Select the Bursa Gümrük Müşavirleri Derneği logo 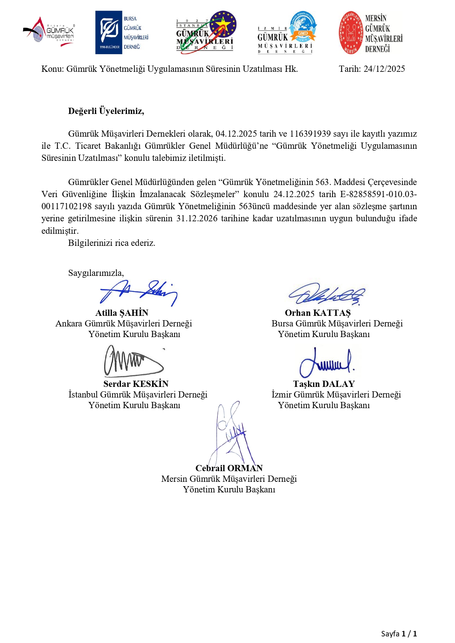tap(122, 33)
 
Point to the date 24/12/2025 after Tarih tap(384, 69)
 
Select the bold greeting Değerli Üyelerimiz tap(106, 111)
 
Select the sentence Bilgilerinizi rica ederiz tap(111, 243)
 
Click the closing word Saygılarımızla tap(96, 273)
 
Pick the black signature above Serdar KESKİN tap(133, 361)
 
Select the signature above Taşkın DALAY tap(326, 362)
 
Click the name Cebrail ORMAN tap(229, 468)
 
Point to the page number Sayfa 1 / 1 tap(399, 633)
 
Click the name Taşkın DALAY tap(324, 384)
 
